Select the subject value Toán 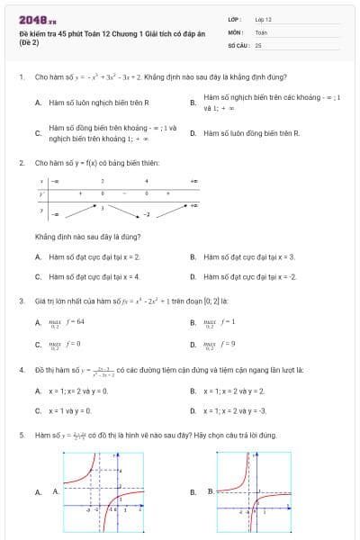pos(261,31)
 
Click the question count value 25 pos(258,44)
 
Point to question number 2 pos(21,163)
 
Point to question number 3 pos(21,300)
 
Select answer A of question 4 pos(77,391)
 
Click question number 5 pos(21,435)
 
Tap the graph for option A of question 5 pos(103,491)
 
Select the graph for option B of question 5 pos(254,491)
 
